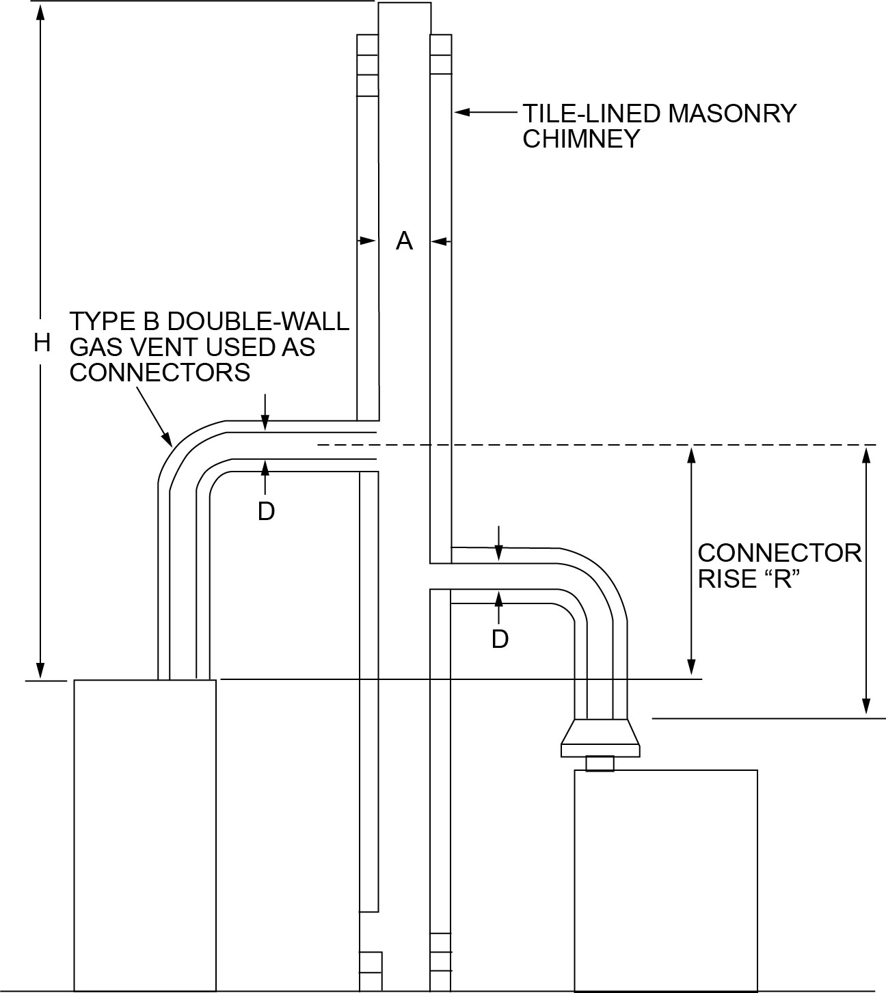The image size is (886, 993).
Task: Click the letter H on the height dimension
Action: pos(42,344)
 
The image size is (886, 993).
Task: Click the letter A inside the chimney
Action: pos(404,241)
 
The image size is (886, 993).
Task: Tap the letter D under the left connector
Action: pos(266,511)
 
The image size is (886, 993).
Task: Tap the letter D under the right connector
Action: pos(500,639)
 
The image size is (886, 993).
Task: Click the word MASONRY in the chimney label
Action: pos(731,113)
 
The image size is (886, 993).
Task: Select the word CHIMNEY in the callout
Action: pos(580,139)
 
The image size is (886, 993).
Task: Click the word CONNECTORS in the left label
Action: pos(160,373)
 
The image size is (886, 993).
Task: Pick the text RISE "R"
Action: pos(748,580)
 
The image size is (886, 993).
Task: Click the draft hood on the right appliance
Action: pos(600,738)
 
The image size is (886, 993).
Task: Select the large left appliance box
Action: pos(144,834)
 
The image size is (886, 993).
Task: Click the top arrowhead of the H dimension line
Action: pos(41,12)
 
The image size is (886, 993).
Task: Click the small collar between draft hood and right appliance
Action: pos(600,763)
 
